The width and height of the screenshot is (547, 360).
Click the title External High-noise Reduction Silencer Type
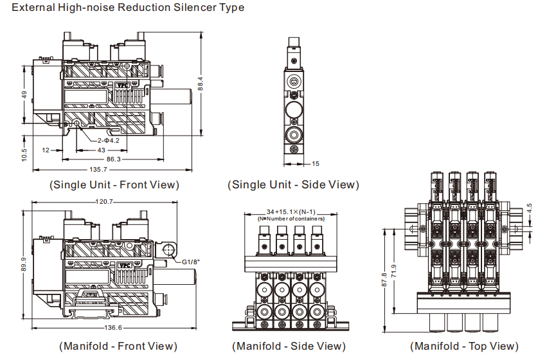[128, 8]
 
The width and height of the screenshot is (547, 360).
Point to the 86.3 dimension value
[113, 158]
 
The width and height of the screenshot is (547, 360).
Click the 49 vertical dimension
[24, 94]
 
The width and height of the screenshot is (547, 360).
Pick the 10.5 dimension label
[24, 155]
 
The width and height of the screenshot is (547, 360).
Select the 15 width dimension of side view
[316, 164]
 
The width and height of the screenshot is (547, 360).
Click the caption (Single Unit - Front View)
[114, 185]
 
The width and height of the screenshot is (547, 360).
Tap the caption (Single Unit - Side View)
[293, 185]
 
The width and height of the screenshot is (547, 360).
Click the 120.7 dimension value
[103, 202]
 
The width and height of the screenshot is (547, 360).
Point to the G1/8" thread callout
[191, 262]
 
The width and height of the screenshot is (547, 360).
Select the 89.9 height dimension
[24, 265]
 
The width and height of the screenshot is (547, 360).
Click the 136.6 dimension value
[103, 328]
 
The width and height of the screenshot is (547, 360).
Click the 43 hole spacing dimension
[102, 149]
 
